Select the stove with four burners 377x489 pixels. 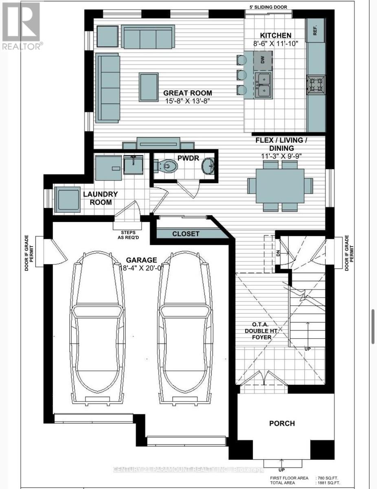(x=316, y=85)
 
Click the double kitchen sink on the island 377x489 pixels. (x=264, y=84)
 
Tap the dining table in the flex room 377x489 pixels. (x=280, y=185)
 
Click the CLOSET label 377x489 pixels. (x=186, y=234)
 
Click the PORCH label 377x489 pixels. (x=282, y=423)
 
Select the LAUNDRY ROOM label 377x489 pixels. (x=100, y=198)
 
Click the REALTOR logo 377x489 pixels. (x=22, y=26)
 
